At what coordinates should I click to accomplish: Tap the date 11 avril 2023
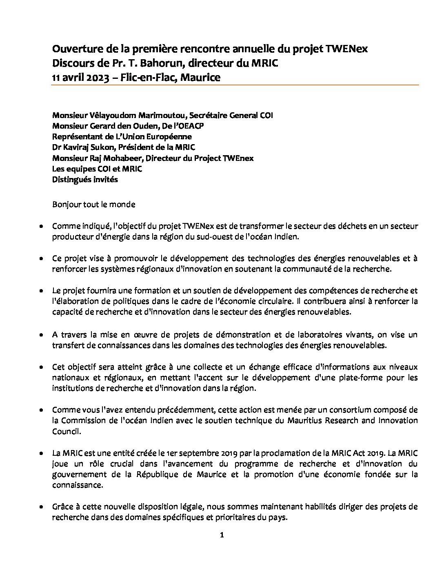pyautogui.click(x=80, y=77)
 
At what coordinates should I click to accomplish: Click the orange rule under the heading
pyautogui.click(x=235, y=85)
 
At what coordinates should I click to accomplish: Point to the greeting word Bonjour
pyautogui.click(x=66, y=204)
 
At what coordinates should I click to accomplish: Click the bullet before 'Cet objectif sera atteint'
pyautogui.click(x=42, y=367)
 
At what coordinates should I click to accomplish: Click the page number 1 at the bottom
pyautogui.click(x=222, y=535)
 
